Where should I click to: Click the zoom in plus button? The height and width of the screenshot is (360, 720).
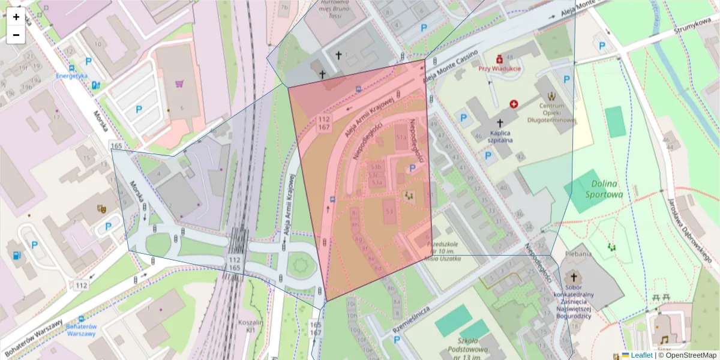16,17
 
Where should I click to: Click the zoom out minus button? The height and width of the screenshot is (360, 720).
16,35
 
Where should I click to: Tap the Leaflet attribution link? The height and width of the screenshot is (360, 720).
641,355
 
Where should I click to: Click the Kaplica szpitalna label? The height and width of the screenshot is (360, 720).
500,136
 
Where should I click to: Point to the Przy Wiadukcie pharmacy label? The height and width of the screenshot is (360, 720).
499,68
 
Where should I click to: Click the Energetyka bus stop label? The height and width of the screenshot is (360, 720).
72,76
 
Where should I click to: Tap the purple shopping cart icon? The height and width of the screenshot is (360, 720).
179,84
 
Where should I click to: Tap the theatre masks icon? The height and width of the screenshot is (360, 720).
101,209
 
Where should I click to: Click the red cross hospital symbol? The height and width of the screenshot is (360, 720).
514,104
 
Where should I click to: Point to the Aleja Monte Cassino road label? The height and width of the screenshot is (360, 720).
451,68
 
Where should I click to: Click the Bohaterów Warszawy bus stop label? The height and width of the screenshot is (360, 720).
82,329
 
